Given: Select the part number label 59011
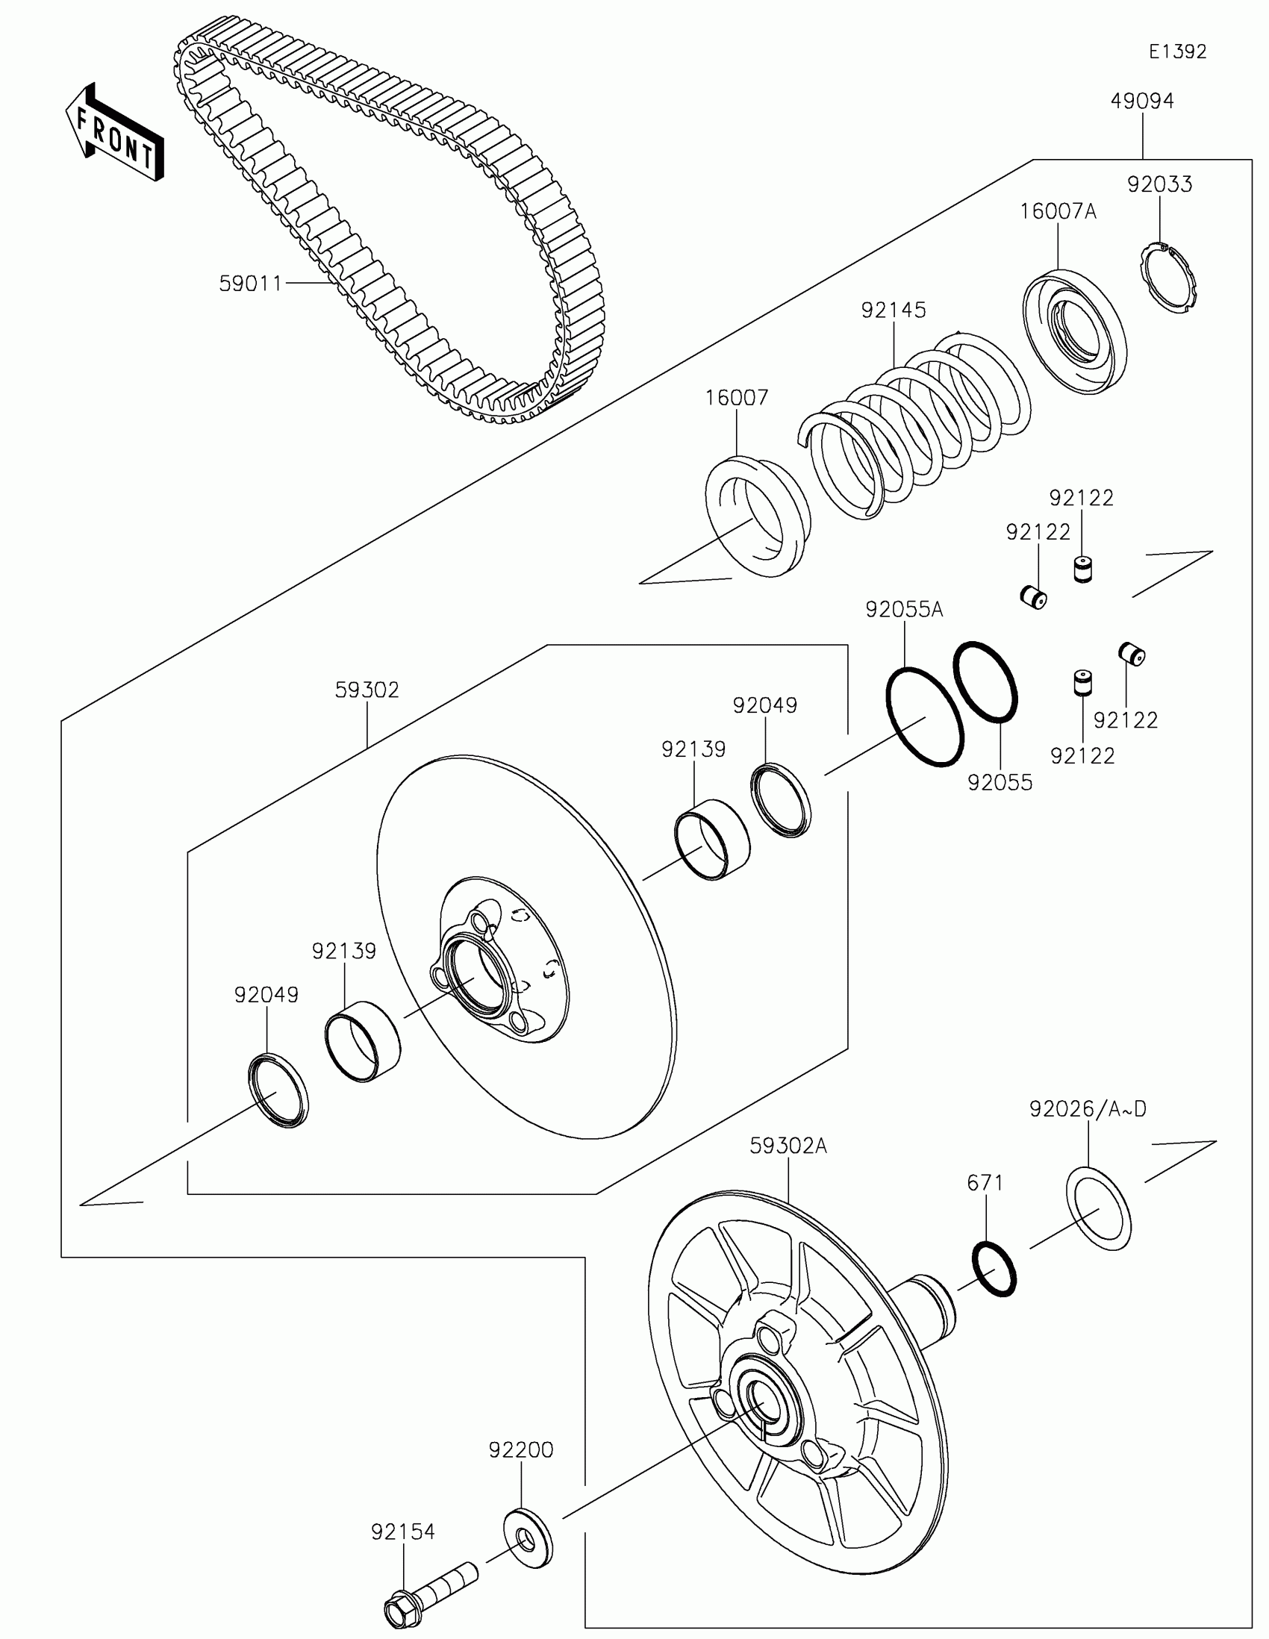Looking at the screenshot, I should pyautogui.click(x=250, y=284).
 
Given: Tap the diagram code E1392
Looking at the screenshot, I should pyautogui.click(x=1177, y=51).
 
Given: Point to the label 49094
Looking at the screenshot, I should pyautogui.click(x=1142, y=102).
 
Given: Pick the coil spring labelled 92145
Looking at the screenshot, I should pyautogui.click(x=915, y=425).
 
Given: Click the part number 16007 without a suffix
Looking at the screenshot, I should pyautogui.click(x=737, y=398).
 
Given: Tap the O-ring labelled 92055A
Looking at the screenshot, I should pyautogui.click(x=925, y=717).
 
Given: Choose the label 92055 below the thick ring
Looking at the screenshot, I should pyautogui.click(x=1000, y=783).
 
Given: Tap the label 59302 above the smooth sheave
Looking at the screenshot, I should pyautogui.click(x=367, y=690).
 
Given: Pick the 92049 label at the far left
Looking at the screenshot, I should pyautogui.click(x=266, y=995).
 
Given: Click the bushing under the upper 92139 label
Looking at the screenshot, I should pyautogui.click(x=711, y=839).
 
